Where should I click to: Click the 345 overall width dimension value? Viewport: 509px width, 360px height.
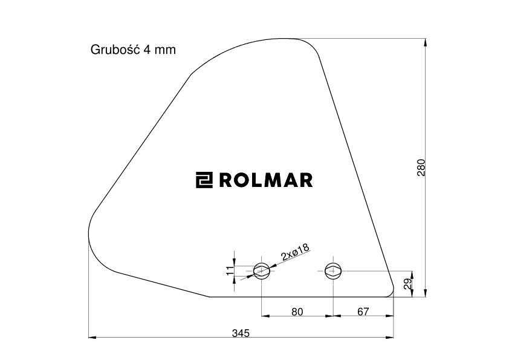coord(241,333)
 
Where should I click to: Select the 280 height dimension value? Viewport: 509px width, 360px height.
coord(421,168)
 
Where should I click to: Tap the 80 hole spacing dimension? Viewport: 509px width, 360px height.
coord(297,312)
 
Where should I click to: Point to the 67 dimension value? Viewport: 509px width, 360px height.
coord(363,312)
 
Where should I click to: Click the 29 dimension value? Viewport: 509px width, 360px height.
coord(409,284)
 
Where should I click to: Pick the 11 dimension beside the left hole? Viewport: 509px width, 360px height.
coord(230,270)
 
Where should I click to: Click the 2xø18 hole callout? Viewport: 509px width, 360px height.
coord(296,252)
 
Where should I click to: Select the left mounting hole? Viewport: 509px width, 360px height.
coord(262,270)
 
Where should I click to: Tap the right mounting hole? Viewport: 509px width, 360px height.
coord(333,270)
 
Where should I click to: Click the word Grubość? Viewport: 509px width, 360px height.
coord(115,50)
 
